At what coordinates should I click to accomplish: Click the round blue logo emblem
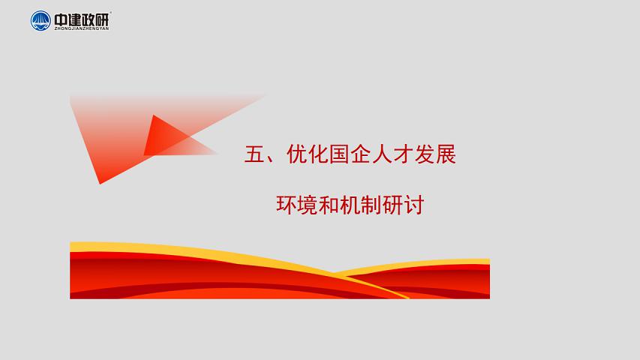coord(41,21)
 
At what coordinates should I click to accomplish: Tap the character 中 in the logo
coord(62,19)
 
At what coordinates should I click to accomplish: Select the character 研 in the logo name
coord(103,19)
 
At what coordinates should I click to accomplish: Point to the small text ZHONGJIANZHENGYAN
coord(82,28)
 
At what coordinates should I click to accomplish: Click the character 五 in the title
coord(254,154)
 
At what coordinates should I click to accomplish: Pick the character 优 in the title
coord(297,154)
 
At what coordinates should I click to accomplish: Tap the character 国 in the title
coord(339,154)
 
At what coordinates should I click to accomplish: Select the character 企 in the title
coord(360,154)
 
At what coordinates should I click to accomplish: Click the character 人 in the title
coord(382,154)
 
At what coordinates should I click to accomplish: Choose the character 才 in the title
coord(403,154)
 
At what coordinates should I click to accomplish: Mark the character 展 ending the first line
coord(446,154)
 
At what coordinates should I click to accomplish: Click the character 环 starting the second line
coord(287,205)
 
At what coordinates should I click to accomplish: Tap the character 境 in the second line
coord(308,205)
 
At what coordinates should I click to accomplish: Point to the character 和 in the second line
coord(329,205)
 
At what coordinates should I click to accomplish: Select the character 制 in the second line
coord(371,205)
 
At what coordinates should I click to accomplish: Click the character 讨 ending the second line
coord(413,205)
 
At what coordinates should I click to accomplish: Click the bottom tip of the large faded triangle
coord(100,184)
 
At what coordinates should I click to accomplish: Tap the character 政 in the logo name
coord(89,19)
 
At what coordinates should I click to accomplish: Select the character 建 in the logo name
coord(75,19)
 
